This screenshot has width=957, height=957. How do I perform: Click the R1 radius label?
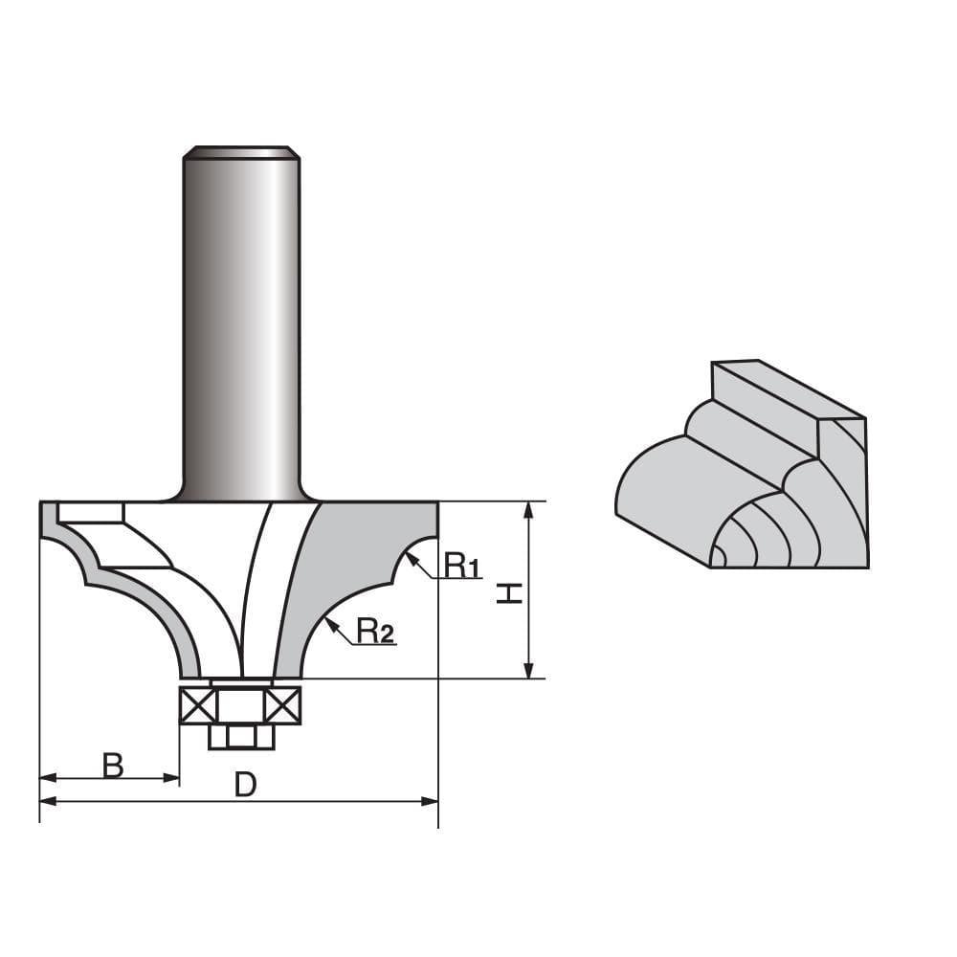[x=461, y=567]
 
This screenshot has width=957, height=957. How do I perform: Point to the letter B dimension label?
[x=113, y=765]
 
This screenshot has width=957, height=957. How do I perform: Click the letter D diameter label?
[x=246, y=785]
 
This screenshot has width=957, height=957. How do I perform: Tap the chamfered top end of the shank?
[x=241, y=151]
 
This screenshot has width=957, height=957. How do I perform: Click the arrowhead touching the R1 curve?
[x=410, y=558]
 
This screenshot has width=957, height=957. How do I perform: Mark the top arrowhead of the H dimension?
[x=527, y=507]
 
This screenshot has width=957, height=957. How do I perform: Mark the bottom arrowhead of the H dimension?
[x=527, y=672]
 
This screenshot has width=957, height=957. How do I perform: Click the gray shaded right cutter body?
[x=345, y=565]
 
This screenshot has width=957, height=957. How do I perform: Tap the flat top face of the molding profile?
[x=785, y=388]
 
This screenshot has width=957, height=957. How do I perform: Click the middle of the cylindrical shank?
[x=241, y=325]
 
